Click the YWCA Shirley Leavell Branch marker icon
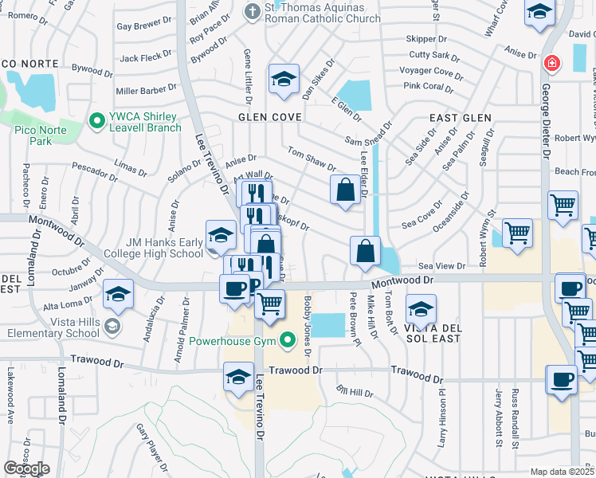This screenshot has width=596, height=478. (x=97, y=121)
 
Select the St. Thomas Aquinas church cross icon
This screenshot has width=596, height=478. (x=253, y=11)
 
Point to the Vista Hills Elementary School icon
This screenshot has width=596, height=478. (x=113, y=325)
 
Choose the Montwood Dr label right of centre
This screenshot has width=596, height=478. (x=402, y=280)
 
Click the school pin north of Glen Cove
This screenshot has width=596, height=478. (x=283, y=80)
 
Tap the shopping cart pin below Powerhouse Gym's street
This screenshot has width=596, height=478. (x=270, y=304)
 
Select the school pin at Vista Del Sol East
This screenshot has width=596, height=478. (x=421, y=309)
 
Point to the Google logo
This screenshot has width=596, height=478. (x=26, y=468)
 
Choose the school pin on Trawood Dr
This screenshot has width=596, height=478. (x=238, y=377)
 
